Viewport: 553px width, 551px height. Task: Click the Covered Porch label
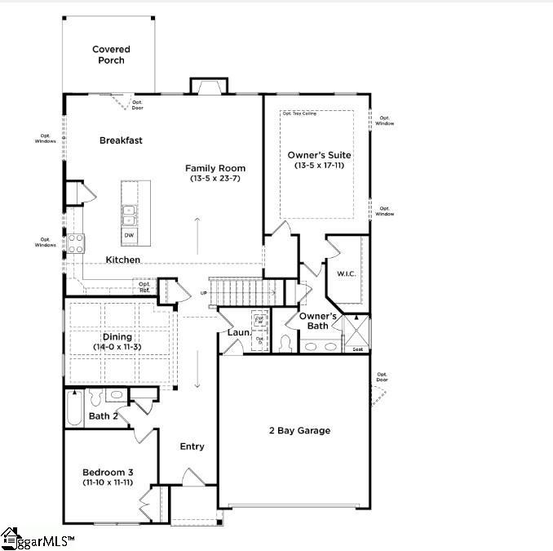[111, 55]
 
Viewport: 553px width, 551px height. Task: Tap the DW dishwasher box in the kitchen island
[129, 235]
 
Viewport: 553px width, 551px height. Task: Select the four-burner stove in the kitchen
[76, 242]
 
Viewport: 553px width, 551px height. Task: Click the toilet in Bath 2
[95, 398]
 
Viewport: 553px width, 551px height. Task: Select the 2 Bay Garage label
[299, 430]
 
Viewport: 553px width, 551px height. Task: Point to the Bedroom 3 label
[108, 473]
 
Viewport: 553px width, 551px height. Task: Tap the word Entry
[192, 447]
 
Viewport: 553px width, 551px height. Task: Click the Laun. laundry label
[238, 332]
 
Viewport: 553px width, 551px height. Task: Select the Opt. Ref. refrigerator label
[144, 287]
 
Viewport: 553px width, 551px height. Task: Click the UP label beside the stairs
[204, 292]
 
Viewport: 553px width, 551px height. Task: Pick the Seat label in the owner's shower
[357, 349]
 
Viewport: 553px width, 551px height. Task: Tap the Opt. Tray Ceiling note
[299, 113]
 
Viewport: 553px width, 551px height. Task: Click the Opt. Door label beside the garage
[382, 377]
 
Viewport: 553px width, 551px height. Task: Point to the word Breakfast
[121, 140]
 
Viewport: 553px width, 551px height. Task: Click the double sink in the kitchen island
[129, 214]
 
